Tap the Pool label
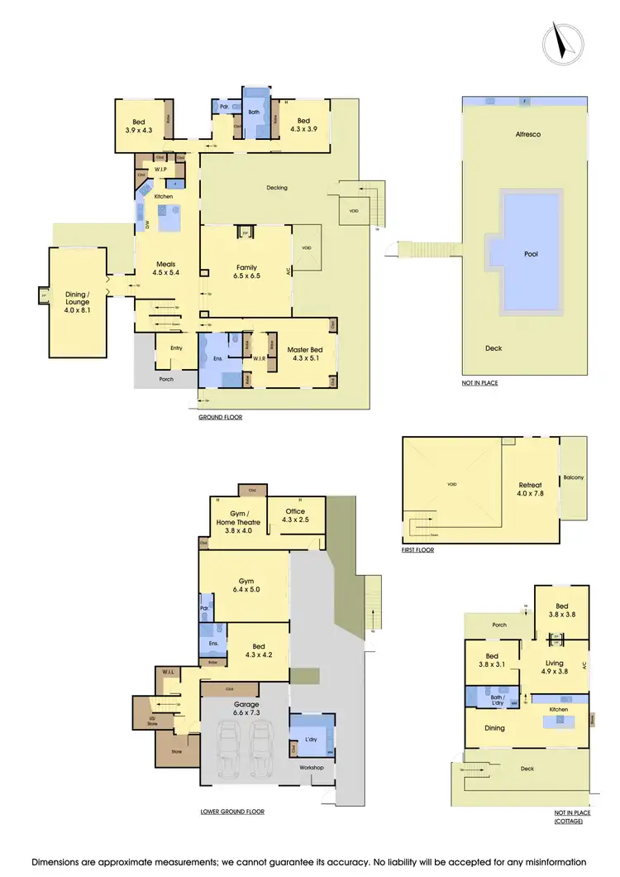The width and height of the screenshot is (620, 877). [531, 254]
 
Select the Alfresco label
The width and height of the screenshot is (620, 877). [527, 133]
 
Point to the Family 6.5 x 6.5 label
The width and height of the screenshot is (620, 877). [246, 271]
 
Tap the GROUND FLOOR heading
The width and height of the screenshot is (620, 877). [220, 418]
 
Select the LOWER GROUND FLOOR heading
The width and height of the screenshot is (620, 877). [232, 812]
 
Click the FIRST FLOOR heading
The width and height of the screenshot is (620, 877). [417, 549]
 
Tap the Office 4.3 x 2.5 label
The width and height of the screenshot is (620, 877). [296, 515]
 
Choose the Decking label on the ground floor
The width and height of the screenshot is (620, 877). [277, 188]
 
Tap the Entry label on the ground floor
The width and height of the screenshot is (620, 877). [176, 348]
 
